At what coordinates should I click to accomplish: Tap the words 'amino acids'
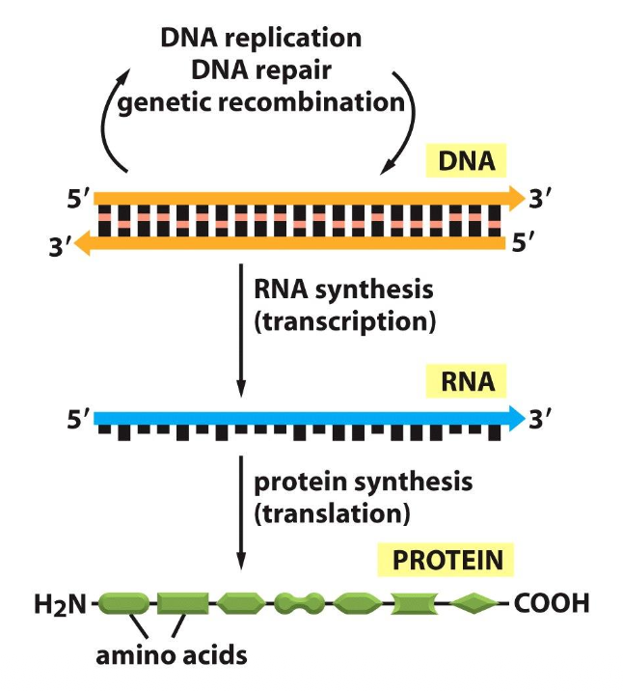172,656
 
